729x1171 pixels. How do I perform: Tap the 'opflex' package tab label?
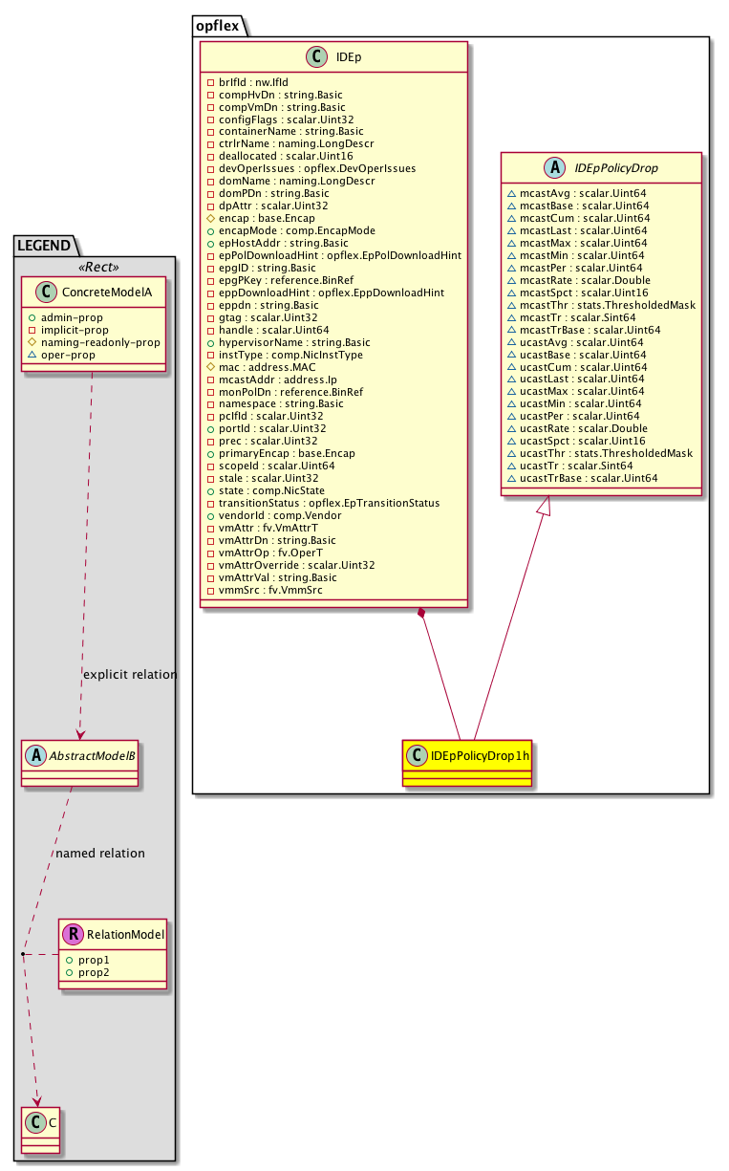point(217,26)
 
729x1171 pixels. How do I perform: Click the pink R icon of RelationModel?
point(74,934)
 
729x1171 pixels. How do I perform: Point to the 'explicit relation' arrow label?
point(130,674)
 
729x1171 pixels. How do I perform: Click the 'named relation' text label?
point(100,853)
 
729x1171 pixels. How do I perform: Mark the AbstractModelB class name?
point(92,754)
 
